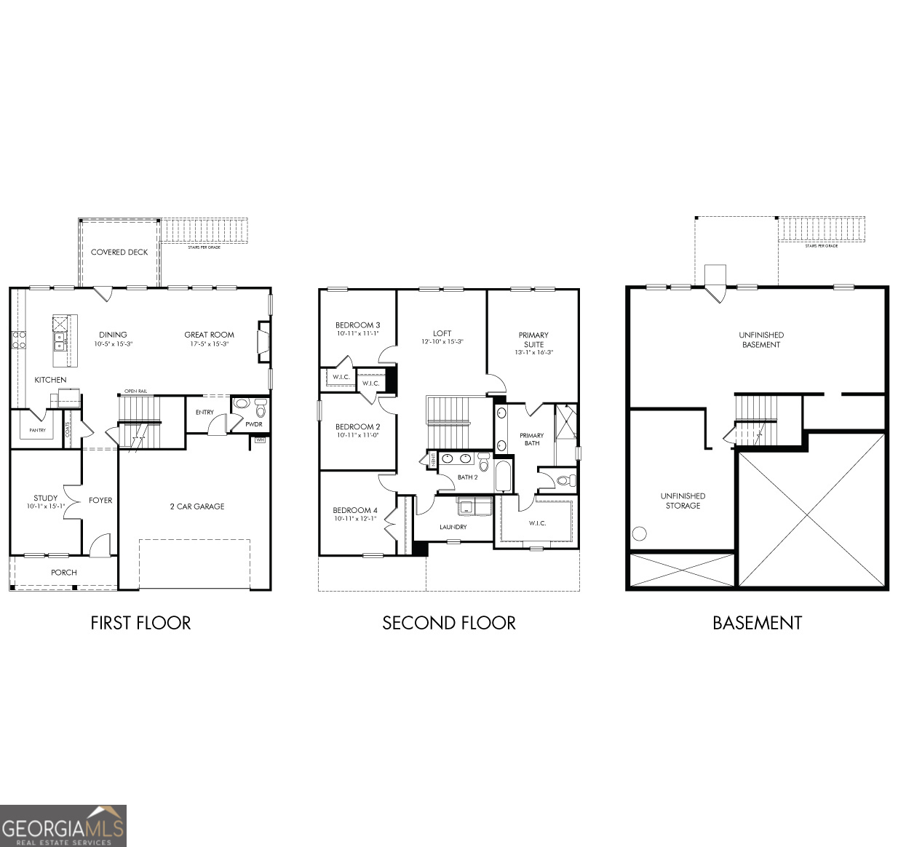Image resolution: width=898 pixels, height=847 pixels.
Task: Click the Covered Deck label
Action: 119,252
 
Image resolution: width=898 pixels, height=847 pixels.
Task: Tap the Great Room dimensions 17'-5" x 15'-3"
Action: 210,344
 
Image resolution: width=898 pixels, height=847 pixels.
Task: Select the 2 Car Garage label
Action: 197,506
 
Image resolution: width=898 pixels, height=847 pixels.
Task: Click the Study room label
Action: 45,498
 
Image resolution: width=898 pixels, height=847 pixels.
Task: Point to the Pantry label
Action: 37,431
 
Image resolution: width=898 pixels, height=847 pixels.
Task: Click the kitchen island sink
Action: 59,338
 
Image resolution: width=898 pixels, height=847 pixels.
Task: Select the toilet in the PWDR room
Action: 261,411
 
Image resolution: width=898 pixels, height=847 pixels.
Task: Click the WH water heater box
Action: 260,440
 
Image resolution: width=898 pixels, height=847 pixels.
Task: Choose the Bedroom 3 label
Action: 357,325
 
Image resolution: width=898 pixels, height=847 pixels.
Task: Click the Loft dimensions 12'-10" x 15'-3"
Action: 442,342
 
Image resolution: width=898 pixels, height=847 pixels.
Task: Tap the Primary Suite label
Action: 533,340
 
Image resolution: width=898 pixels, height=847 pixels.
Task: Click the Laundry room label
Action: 453,527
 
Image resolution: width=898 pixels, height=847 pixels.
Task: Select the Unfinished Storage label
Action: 683,501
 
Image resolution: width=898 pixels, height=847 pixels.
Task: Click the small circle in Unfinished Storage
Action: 640,533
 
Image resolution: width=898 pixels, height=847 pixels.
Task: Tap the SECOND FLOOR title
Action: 449,623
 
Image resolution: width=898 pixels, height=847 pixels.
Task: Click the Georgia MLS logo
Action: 63,826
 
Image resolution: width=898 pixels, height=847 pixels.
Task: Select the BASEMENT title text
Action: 757,623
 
